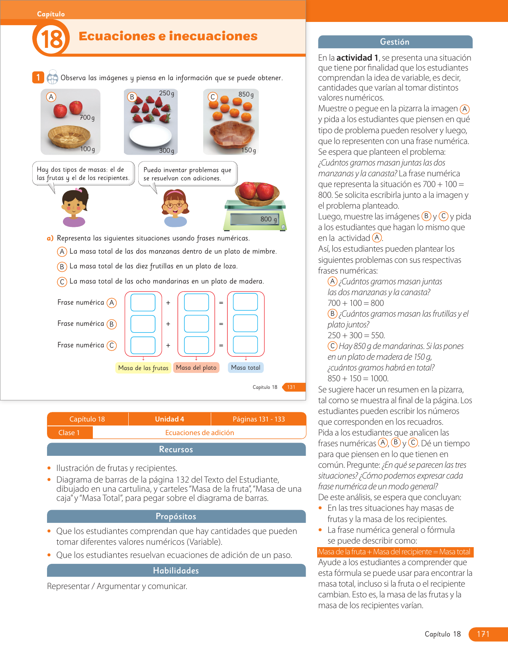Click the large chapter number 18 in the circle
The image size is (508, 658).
[51, 39]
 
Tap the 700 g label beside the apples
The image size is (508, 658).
[87, 118]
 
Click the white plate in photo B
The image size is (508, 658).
[151, 135]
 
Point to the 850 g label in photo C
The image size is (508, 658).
[246, 95]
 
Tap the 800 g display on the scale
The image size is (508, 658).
[269, 219]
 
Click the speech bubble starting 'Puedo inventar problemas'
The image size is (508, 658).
[187, 174]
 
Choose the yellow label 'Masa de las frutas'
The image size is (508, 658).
[143, 368]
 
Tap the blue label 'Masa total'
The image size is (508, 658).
[245, 368]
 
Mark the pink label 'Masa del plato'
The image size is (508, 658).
[196, 368]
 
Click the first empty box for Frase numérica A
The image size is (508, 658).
[143, 302]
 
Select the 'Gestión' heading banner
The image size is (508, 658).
[395, 42]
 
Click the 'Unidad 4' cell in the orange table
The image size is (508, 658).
[169, 419]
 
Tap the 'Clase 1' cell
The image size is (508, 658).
[69, 433]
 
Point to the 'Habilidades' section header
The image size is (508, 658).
[176, 571]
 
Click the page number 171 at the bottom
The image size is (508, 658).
[483, 634]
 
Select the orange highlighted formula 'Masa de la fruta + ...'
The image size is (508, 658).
[394, 552]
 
